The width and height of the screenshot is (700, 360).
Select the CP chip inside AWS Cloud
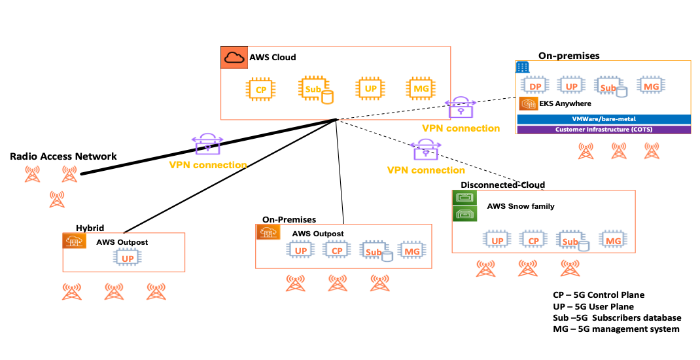coord(260,89)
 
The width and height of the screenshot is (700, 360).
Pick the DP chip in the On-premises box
coord(534,86)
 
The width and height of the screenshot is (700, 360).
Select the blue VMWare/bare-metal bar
coord(603,119)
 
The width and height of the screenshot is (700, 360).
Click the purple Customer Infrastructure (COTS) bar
coord(603,130)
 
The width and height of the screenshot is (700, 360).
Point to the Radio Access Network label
coord(63,156)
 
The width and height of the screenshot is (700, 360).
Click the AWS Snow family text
coord(520,206)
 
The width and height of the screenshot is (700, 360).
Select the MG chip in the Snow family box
coord(613,241)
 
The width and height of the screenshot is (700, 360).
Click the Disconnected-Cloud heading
coord(502,185)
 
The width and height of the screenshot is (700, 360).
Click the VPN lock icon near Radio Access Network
coord(207,144)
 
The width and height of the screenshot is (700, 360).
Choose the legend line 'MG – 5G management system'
coord(616,329)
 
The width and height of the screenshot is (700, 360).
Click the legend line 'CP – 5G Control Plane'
coord(598,295)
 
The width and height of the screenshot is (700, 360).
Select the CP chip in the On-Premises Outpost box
coord(337,251)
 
